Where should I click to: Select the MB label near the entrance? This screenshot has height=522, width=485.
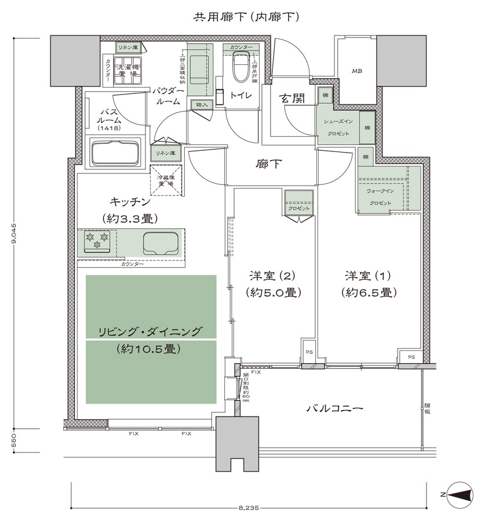click(x=357, y=71)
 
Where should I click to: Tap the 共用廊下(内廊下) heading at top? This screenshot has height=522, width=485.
click(x=246, y=17)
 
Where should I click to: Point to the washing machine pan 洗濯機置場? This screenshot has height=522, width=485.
click(x=127, y=71)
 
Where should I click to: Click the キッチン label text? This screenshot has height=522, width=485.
click(x=130, y=202)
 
